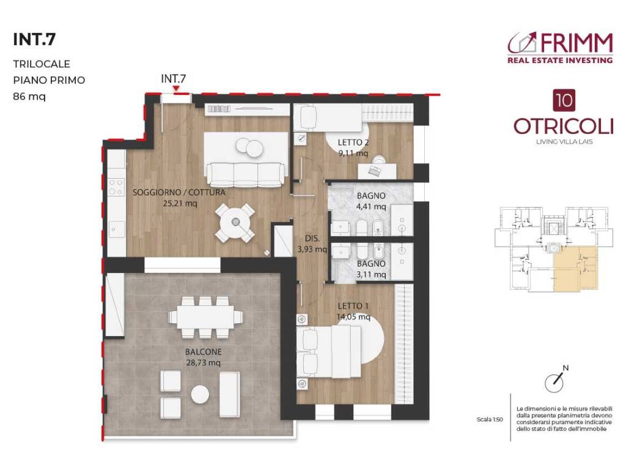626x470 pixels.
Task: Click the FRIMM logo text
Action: pos(575,43)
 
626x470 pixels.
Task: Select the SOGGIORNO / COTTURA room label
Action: pos(179,192)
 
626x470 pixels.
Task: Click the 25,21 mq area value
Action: pos(179,204)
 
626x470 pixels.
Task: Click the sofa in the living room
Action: pos(244,173)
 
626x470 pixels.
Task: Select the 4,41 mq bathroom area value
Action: pos(371,207)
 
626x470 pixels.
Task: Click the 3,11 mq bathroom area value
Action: pos(371,275)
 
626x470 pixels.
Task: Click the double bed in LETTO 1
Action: pos(333,349)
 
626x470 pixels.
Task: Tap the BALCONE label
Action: pos(204,352)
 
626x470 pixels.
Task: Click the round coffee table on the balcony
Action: pos(200,394)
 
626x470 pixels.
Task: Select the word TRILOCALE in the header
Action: pos(42,64)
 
